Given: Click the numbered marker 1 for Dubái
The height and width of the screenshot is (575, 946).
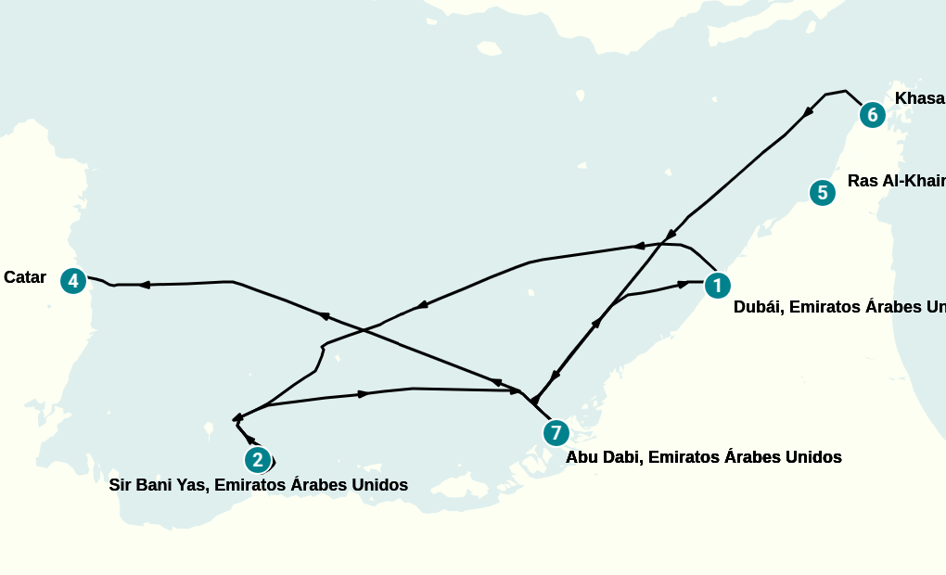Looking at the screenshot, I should [x=716, y=285].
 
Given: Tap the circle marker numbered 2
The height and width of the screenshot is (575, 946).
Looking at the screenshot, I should [x=258, y=459].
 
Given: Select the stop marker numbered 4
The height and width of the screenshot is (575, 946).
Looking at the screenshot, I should [x=73, y=281].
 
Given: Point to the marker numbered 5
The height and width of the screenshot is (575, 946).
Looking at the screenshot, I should [x=822, y=193].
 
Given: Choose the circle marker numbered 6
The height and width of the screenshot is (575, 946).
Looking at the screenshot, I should [x=872, y=114].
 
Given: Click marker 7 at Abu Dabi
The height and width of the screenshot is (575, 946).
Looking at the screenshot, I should [x=556, y=432].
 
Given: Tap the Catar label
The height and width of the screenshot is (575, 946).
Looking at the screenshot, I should [x=25, y=277].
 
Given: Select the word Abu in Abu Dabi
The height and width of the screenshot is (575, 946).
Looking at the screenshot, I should [x=582, y=457].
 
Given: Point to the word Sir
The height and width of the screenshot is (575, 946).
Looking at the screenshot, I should [x=121, y=485].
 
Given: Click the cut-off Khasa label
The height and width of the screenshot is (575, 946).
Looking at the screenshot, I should [x=919, y=99].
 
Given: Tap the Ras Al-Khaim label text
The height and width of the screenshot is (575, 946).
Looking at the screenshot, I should [x=895, y=181].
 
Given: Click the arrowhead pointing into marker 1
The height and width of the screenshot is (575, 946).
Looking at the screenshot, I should [x=685, y=283].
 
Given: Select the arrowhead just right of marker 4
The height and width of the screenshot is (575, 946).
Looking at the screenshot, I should [x=145, y=285].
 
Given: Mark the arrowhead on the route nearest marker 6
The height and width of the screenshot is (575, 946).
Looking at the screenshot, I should [x=808, y=111].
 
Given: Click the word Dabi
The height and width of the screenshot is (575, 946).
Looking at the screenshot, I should [x=620, y=457].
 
